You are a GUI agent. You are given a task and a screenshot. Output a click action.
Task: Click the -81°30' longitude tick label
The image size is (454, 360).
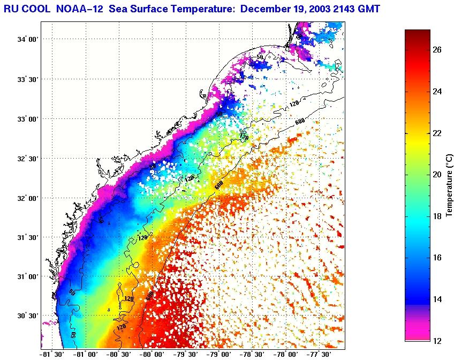(x=52, y=354)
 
